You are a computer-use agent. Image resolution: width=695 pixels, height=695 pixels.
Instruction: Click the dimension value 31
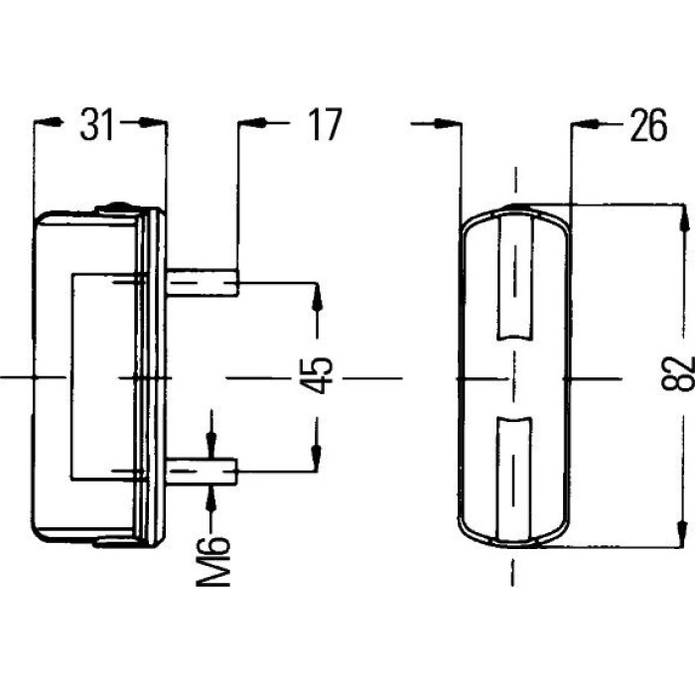[97, 124]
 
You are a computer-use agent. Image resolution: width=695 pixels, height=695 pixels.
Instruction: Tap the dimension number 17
[326, 124]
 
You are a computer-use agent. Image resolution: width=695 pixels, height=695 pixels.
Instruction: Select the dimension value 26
[648, 126]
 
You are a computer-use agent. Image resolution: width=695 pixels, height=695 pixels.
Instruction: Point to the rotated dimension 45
[317, 375]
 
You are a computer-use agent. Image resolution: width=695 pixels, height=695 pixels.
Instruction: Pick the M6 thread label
[213, 562]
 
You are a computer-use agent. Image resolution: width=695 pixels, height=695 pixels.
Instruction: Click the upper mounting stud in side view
[203, 282]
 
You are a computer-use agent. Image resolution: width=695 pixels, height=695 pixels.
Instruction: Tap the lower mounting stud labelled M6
[203, 472]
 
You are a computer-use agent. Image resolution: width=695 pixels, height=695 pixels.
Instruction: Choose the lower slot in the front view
[514, 480]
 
